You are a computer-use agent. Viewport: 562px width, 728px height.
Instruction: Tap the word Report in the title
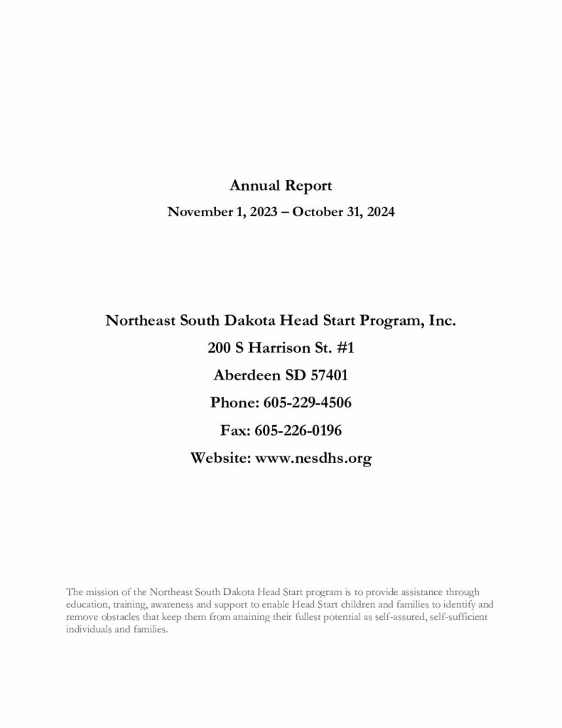pos(307,186)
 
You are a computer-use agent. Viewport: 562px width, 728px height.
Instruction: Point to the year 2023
pos(259,212)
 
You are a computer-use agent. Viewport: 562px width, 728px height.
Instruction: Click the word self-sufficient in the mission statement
pos(458,616)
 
